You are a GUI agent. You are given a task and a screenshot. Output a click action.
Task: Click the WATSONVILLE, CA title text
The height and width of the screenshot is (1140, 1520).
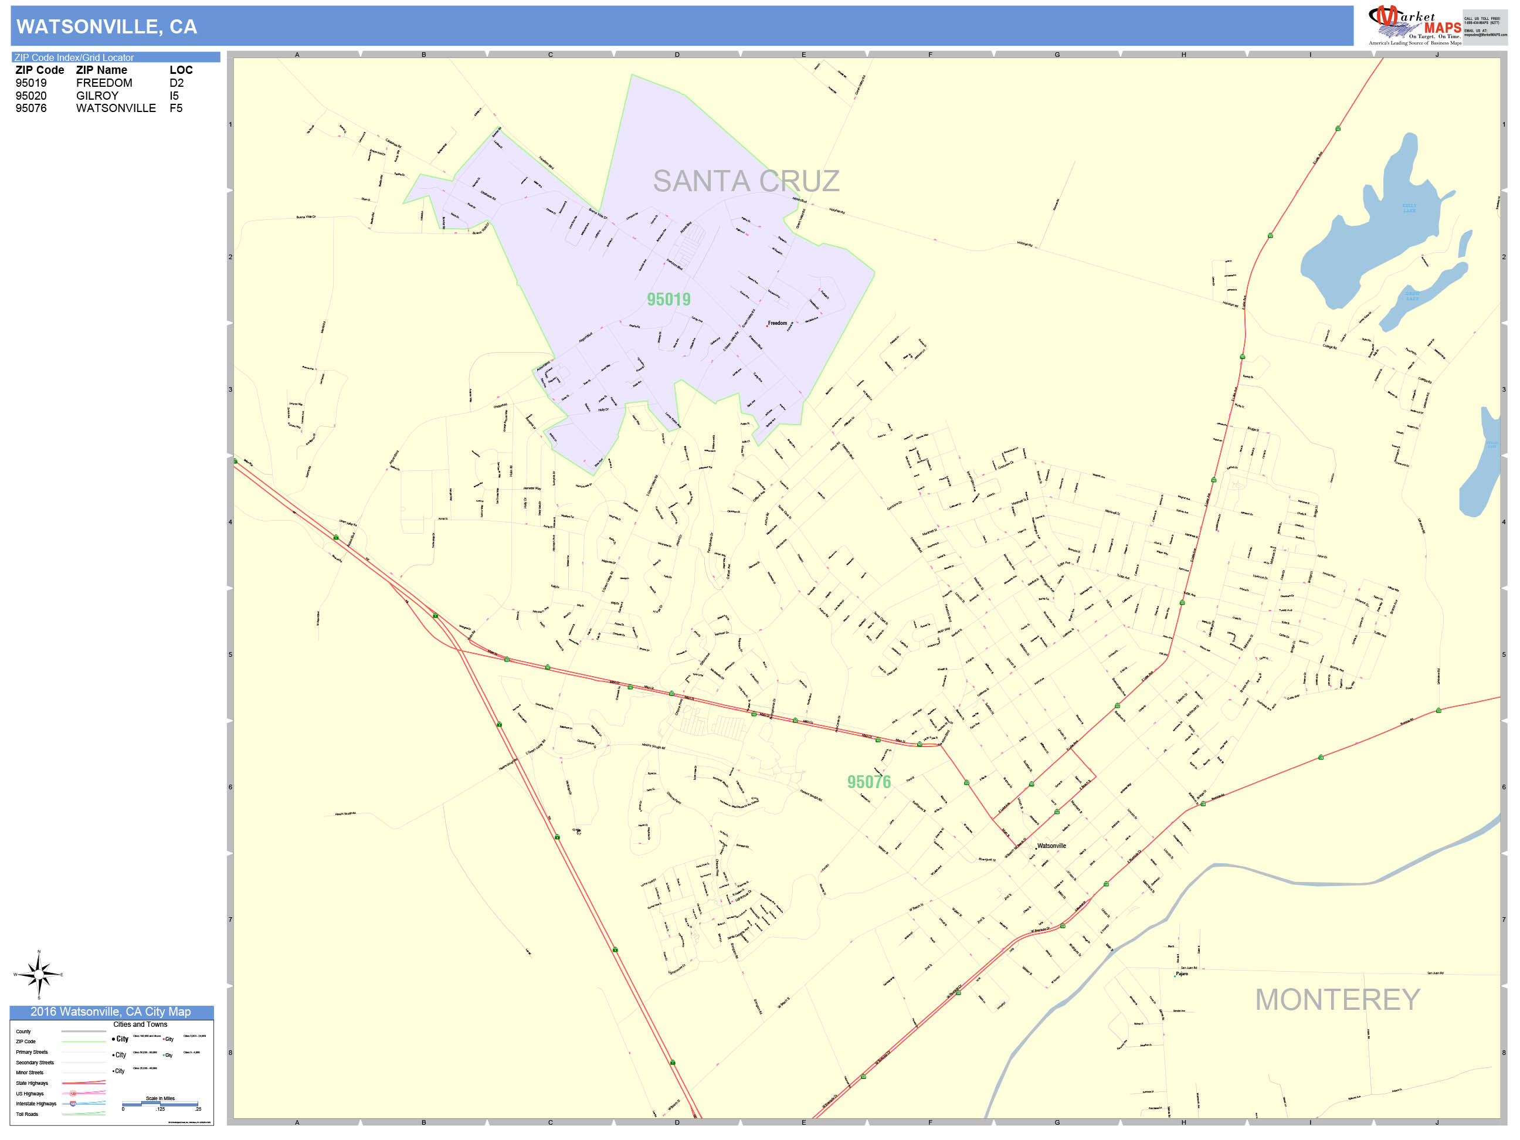point(107,27)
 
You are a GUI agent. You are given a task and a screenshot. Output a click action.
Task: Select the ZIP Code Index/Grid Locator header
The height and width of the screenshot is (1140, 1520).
point(74,57)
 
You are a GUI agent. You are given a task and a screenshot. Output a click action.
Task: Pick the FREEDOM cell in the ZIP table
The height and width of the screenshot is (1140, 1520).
point(104,83)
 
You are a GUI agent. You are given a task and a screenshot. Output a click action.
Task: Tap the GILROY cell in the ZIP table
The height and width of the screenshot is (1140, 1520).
point(97,96)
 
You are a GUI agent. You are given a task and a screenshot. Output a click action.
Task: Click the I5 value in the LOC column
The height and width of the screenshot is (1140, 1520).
point(174,96)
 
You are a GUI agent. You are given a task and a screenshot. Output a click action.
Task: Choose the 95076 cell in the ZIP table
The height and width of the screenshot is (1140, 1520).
point(31,108)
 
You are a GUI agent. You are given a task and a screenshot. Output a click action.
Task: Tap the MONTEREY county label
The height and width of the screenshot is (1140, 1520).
point(1336,1000)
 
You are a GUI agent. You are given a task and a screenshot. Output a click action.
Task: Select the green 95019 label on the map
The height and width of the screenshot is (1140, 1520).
point(668,300)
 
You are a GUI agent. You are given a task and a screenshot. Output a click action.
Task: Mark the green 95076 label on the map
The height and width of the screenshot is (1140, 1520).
point(868,782)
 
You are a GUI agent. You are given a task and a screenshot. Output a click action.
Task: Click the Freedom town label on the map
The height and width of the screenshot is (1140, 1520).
point(777,323)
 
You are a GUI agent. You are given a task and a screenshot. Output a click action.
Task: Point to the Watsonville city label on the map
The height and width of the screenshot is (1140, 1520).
point(1051,846)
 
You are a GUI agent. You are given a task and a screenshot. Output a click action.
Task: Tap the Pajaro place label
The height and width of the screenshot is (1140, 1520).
point(1181,973)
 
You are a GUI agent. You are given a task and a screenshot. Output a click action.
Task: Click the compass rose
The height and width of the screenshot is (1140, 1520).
point(39,975)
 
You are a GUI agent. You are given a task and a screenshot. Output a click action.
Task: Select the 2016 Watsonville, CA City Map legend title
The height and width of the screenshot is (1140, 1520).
point(111,1012)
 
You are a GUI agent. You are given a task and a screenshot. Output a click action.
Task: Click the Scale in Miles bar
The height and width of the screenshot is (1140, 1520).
point(161,1104)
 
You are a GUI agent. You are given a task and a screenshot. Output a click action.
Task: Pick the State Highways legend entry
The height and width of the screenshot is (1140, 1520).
point(32,1083)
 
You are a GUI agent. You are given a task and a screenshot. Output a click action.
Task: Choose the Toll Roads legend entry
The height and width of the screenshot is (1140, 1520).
point(28,1114)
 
